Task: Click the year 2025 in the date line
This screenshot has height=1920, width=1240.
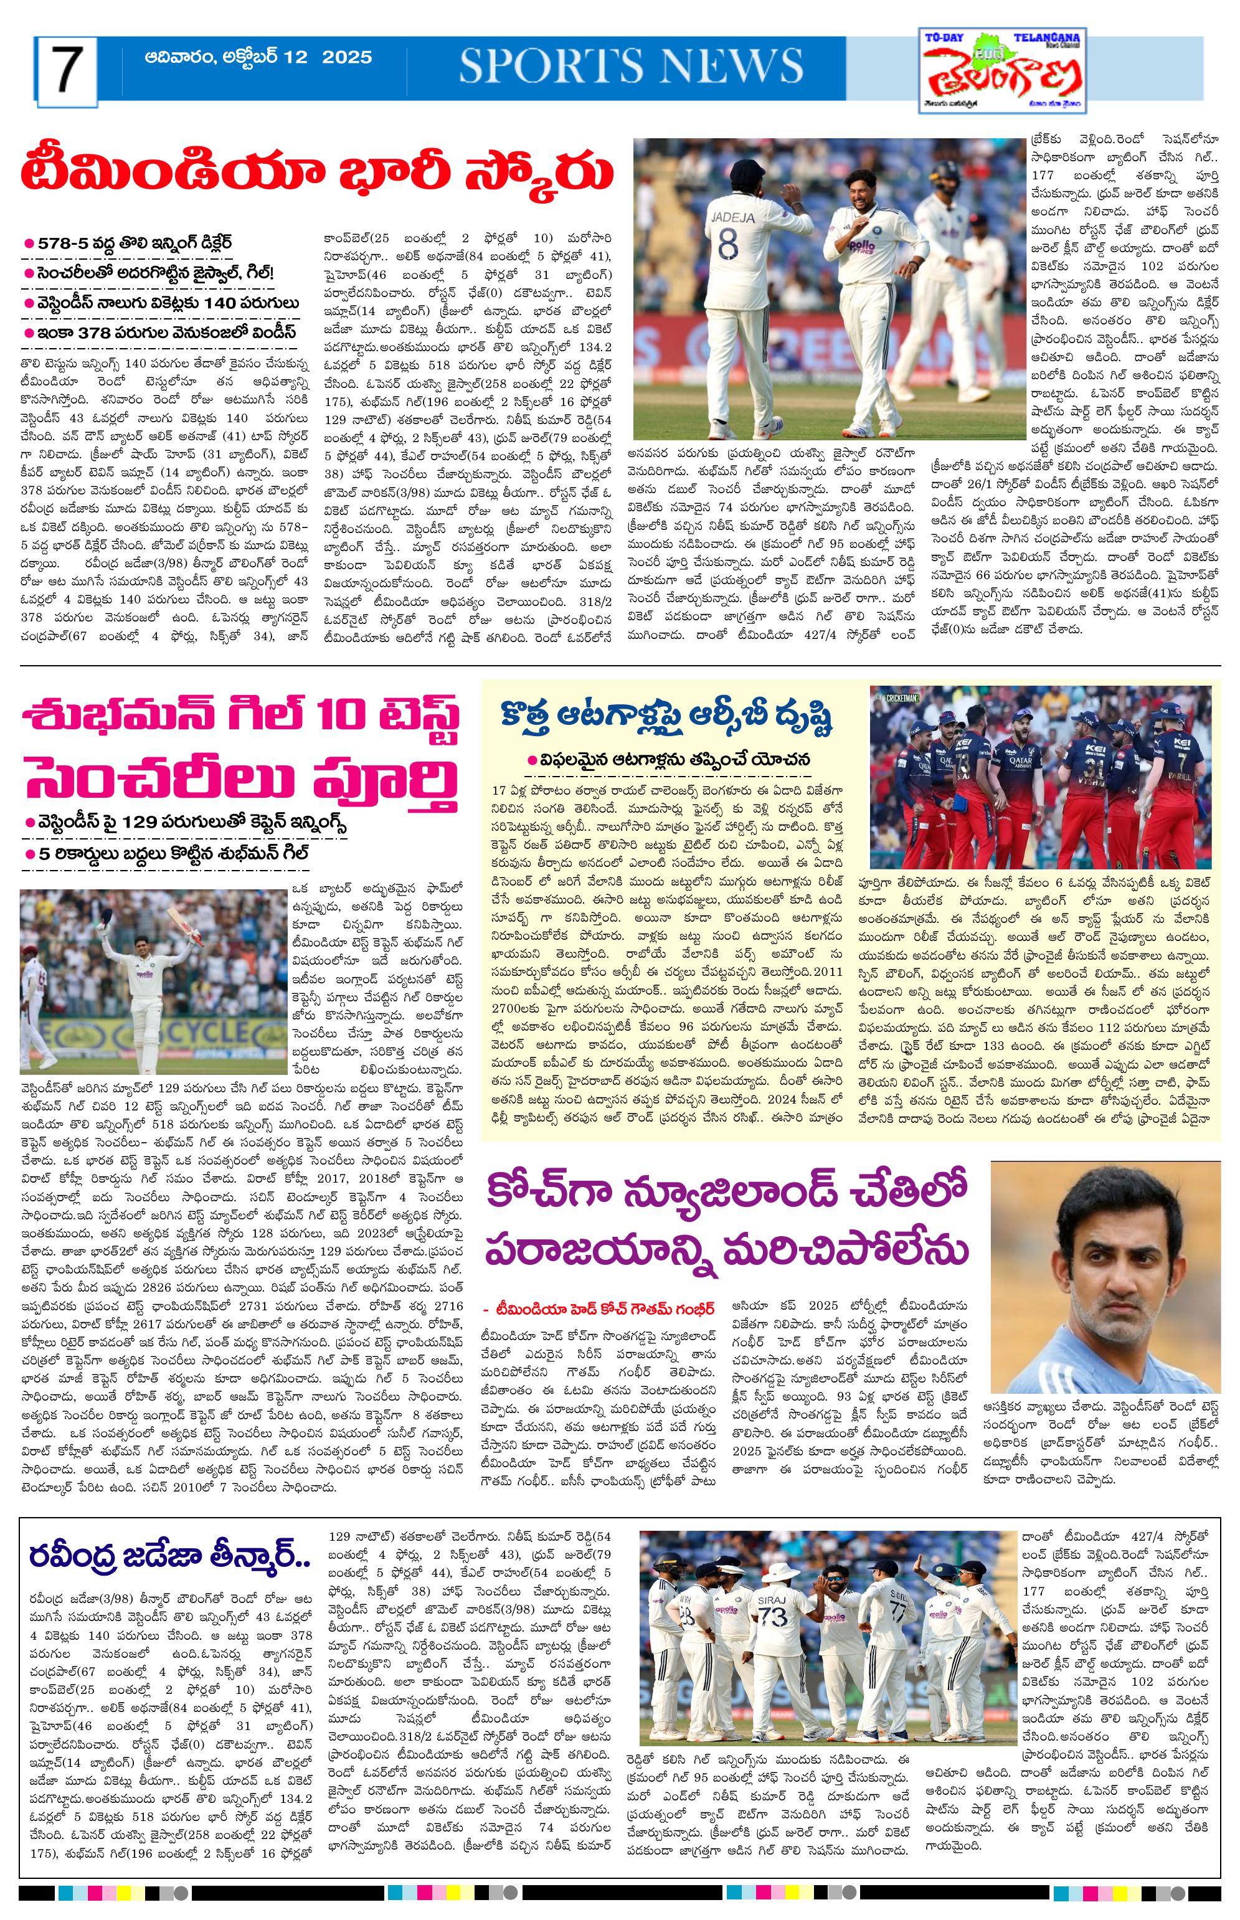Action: point(347,57)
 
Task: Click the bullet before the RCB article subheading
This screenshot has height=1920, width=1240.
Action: point(531,759)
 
